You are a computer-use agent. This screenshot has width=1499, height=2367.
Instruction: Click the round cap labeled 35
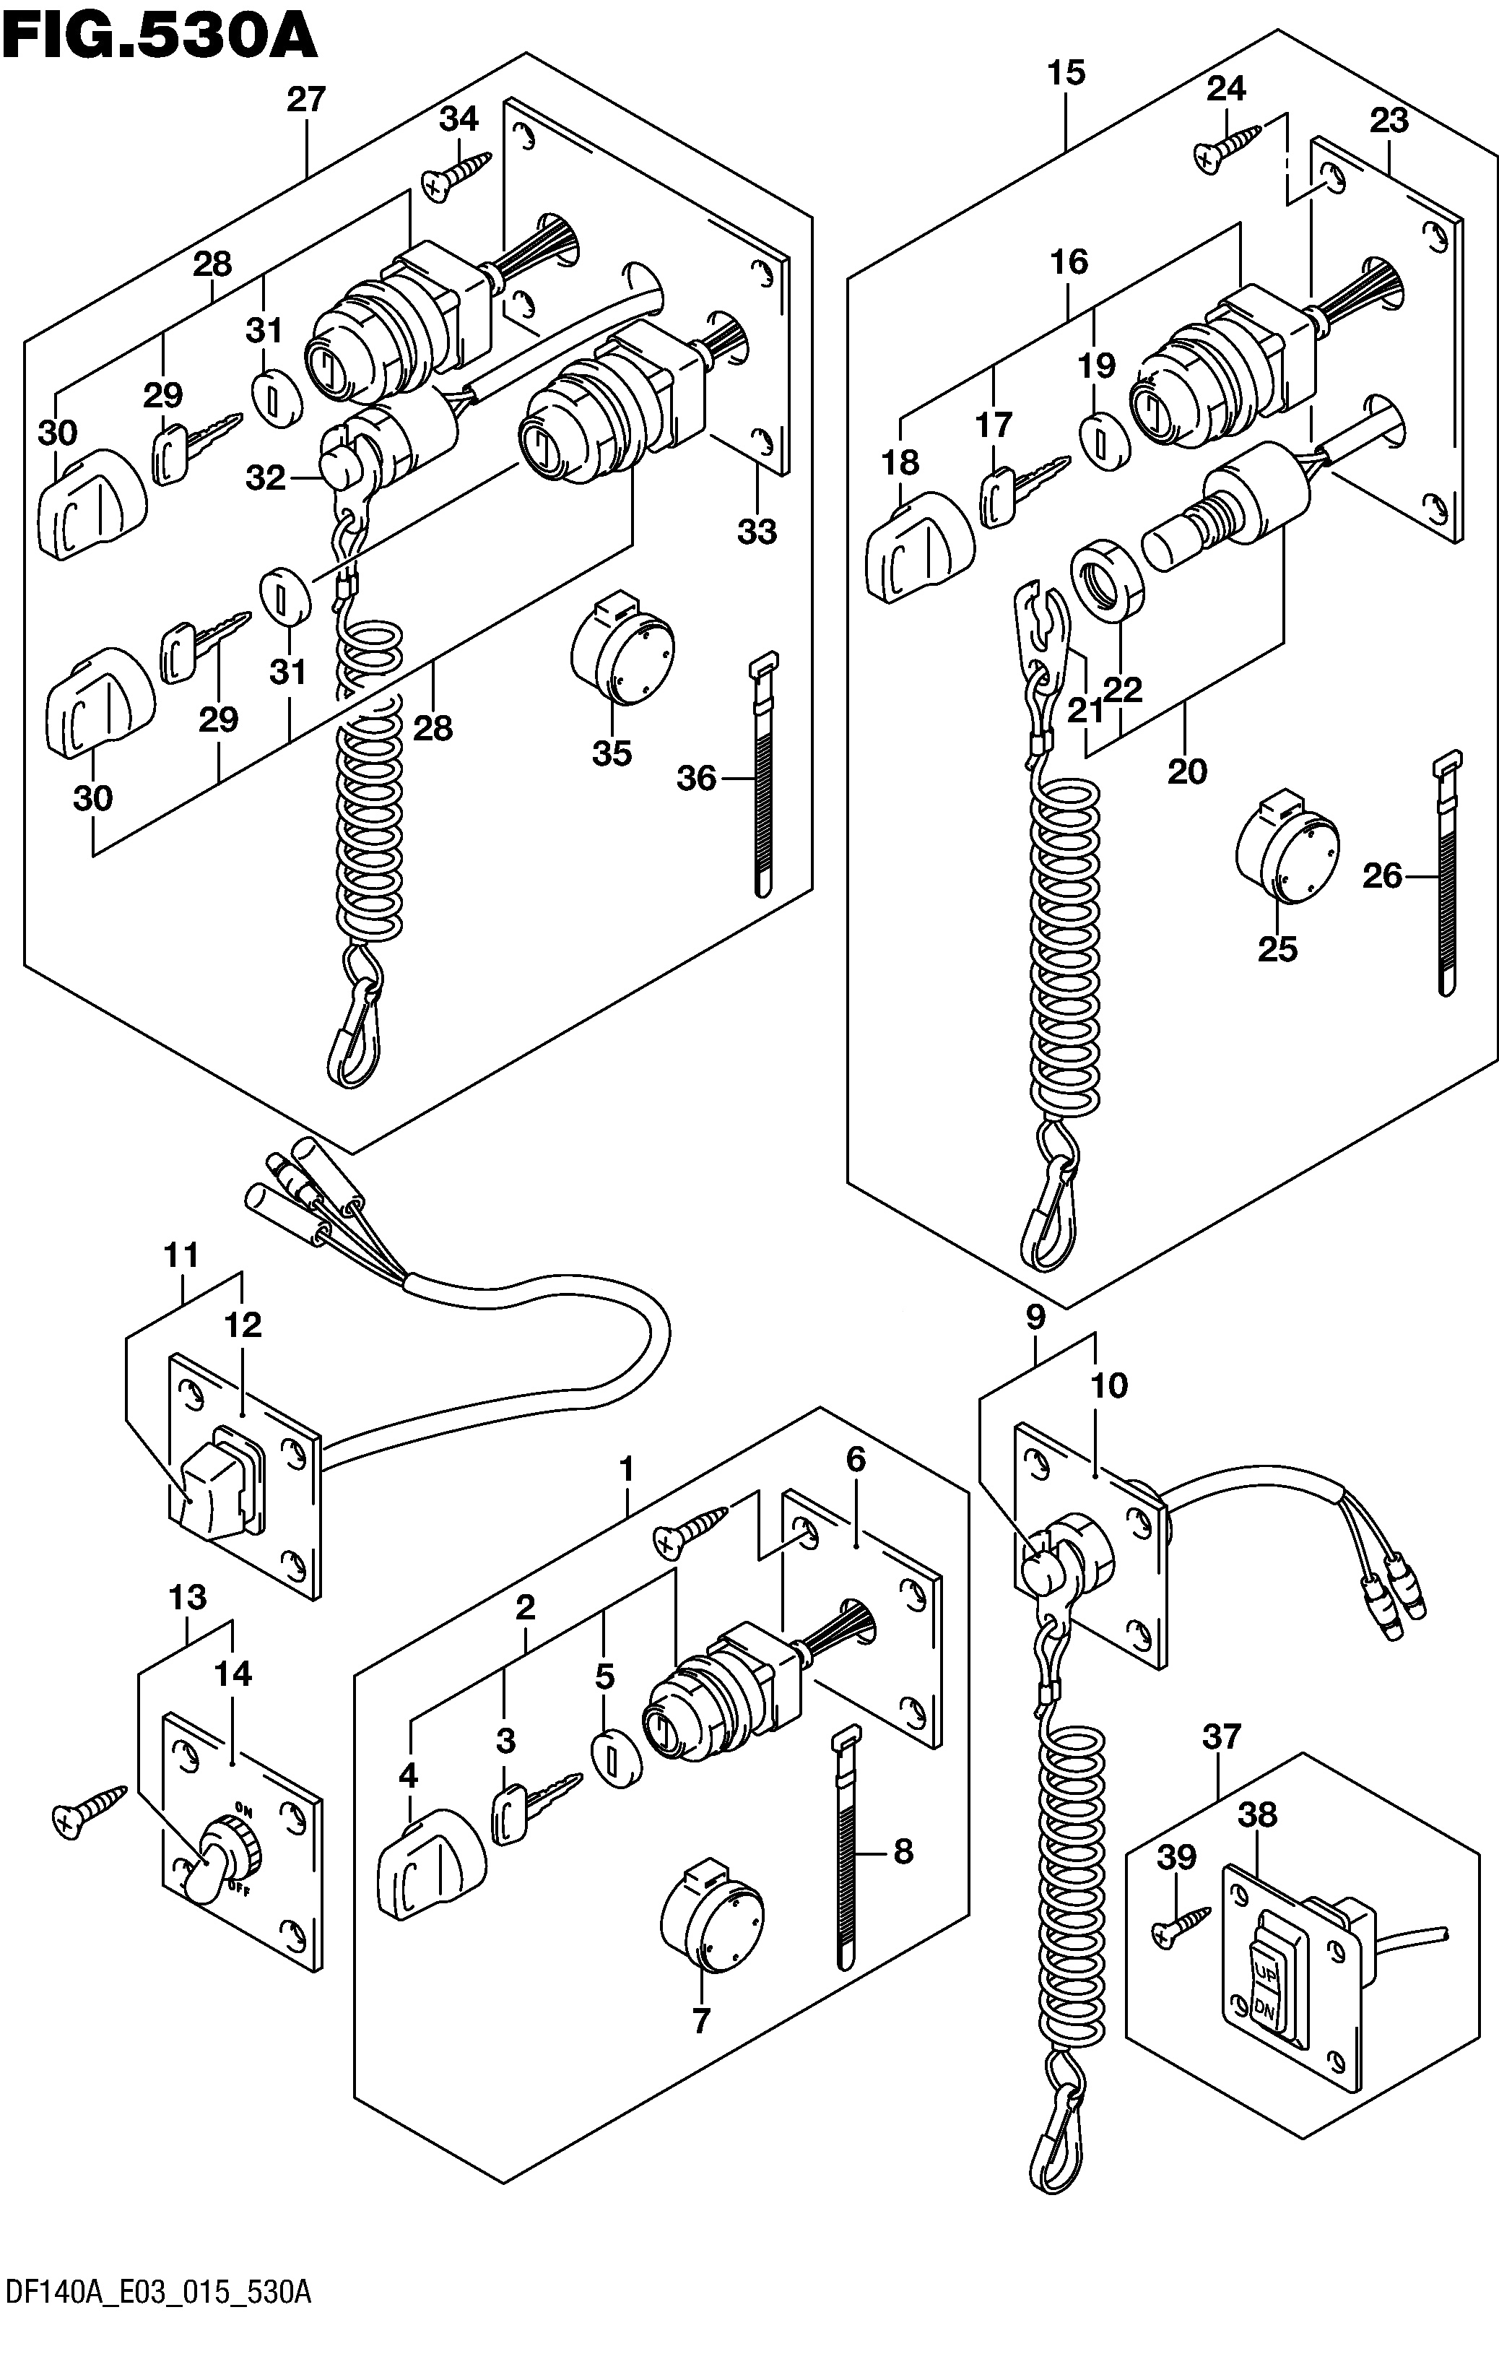pyautogui.click(x=621, y=646)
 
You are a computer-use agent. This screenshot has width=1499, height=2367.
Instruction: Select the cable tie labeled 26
pyautogui.click(x=1447, y=874)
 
